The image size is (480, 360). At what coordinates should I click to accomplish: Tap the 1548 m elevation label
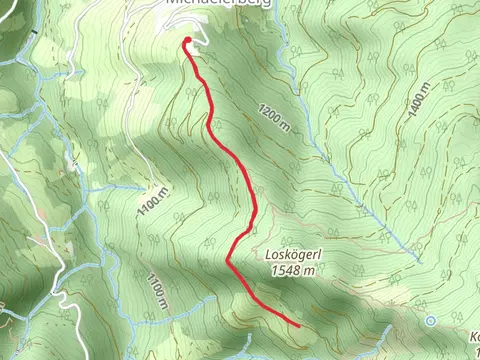[x=292, y=269]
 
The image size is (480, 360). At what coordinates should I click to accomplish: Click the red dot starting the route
[x=187, y=41]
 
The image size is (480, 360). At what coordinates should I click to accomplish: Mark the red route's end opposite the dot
[x=299, y=325]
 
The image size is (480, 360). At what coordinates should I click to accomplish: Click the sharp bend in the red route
[x=229, y=261]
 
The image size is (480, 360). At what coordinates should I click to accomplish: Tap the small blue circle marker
[x=430, y=321]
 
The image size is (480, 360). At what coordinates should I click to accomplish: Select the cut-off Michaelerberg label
[x=209, y=4]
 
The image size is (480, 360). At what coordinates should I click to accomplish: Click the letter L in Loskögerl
[x=268, y=254]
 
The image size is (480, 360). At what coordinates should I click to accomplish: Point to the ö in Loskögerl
[x=288, y=254]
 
